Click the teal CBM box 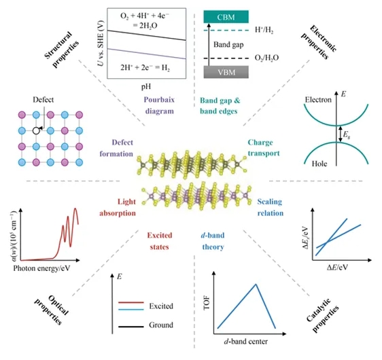pyautogui.click(x=226, y=17)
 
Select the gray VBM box pyautogui.click(x=226, y=72)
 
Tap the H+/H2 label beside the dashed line pyautogui.click(x=264, y=30)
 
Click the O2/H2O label pyautogui.click(x=266, y=58)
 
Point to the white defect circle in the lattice pyautogui.click(x=36, y=130)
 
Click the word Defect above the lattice pyautogui.click(x=43, y=100)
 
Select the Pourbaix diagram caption pyautogui.click(x=159, y=105)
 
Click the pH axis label pyautogui.click(x=146, y=86)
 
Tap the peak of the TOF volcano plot pyautogui.click(x=256, y=284)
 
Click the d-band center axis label pyautogui.click(x=245, y=342)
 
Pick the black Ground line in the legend pyautogui.click(x=131, y=327)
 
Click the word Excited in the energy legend pyautogui.click(x=161, y=306)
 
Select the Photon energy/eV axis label pyautogui.click(x=41, y=268)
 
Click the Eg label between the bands pyautogui.click(x=347, y=134)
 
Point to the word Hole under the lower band pyautogui.click(x=319, y=164)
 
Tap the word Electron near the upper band pyautogui.click(x=318, y=100)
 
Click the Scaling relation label pyautogui.click(x=271, y=207)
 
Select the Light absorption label pyautogui.click(x=118, y=207)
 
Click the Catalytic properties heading pyautogui.click(x=323, y=315)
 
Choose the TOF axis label pyautogui.click(x=207, y=303)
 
